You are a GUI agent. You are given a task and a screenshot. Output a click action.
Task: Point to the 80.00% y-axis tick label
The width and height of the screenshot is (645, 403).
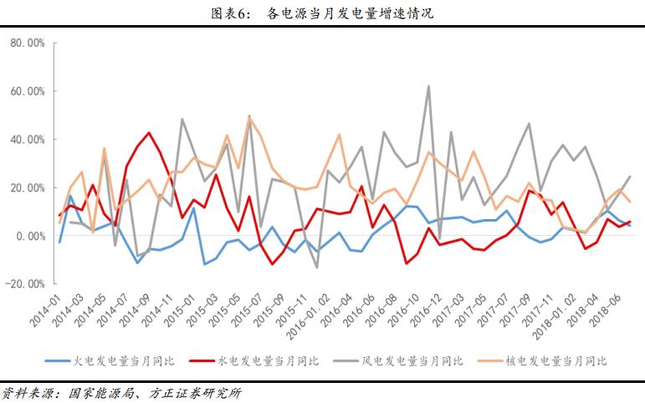pos(28,43)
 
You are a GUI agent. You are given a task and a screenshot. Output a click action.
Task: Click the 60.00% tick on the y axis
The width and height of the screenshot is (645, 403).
pos(28,91)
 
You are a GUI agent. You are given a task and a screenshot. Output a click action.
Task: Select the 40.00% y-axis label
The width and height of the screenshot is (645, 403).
pos(28,140)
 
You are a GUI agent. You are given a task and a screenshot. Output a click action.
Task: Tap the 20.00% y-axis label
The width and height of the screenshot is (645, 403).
pos(28,187)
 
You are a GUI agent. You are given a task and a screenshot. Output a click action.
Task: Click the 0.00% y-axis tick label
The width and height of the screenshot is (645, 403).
pos(30,236)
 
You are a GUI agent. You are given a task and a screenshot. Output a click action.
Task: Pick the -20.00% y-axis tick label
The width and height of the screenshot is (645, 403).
pos(26,284)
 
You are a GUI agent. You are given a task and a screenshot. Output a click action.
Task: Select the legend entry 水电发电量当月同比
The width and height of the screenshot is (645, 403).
pos(269,361)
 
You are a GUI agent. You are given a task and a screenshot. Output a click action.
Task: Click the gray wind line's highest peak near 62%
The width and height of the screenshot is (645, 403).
pos(428,86)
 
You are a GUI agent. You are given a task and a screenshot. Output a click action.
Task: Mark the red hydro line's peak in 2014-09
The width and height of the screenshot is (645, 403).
pos(149,133)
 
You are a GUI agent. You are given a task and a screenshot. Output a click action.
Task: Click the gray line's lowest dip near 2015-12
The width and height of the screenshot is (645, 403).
pos(316,268)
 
